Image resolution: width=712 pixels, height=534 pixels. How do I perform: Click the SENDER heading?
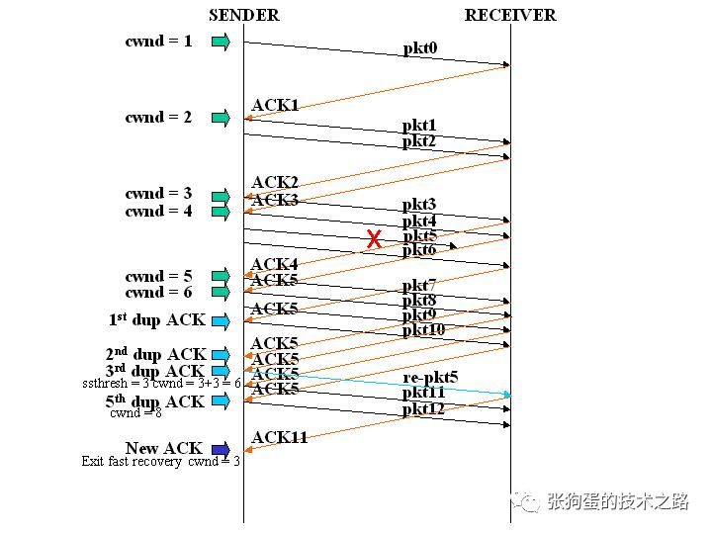[243, 15]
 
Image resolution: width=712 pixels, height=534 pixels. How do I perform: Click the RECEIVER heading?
[510, 15]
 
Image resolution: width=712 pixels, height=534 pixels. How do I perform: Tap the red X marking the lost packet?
[374, 239]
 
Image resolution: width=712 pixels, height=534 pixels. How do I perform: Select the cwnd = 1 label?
[158, 42]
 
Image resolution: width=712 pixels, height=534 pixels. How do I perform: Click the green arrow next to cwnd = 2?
[221, 118]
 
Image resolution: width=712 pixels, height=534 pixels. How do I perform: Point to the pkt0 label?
[419, 48]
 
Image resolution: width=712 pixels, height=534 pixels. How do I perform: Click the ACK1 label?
[275, 105]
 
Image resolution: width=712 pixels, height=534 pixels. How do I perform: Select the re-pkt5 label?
[430, 378]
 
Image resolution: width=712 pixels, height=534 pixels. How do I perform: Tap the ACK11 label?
[279, 437]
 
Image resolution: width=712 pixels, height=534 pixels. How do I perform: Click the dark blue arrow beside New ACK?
[221, 449]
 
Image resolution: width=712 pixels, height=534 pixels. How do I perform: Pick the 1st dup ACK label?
[156, 320]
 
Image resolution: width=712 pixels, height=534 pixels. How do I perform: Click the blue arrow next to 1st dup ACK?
[221, 320]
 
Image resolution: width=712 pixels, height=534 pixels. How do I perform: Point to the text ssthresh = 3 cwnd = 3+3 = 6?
[161, 383]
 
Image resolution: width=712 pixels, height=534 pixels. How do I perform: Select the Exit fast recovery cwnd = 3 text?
[160, 461]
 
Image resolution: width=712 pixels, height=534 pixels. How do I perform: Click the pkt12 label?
[423, 408]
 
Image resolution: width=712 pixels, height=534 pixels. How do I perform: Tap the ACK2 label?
[275, 182]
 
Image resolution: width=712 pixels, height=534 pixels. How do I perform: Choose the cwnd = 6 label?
[158, 293]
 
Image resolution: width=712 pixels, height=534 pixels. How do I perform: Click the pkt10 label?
[423, 329]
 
